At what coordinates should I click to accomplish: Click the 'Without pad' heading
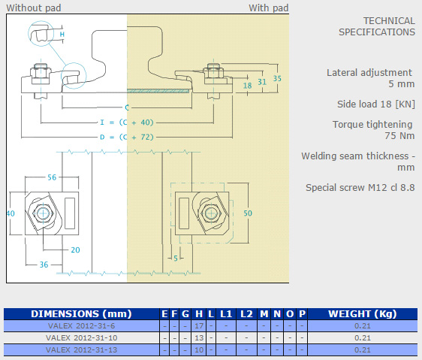pos(34,8)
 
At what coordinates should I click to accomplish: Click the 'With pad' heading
pos(268,8)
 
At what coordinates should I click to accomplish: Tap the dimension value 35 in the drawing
pos(277,78)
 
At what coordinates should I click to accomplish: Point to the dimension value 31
pos(262,82)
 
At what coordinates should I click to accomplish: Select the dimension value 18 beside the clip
pos(247,86)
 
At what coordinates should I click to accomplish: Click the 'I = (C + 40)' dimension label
pos(126,123)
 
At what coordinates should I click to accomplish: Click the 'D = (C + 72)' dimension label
pos(126,137)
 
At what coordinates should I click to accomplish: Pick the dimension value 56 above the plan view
pos(52,177)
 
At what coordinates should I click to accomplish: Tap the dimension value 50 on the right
pos(248,213)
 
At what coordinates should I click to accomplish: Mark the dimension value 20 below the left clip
pos(75,250)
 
